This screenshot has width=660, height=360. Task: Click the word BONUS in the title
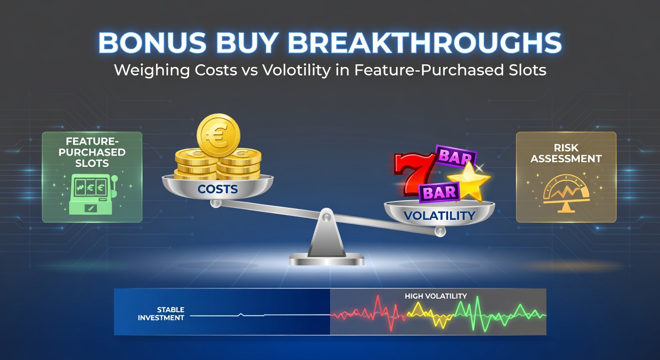click(x=152, y=43)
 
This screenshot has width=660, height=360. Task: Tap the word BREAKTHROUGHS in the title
click(x=425, y=43)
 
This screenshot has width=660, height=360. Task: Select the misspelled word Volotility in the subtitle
click(x=296, y=71)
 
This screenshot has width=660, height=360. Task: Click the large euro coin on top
click(x=218, y=135)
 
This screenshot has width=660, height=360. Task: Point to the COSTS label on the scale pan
click(x=217, y=189)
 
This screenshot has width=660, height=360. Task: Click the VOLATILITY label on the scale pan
click(x=439, y=216)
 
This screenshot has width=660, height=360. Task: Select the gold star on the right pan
click(x=469, y=181)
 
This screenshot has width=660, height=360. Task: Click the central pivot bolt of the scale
click(x=326, y=217)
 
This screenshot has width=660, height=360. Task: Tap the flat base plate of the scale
click(x=326, y=259)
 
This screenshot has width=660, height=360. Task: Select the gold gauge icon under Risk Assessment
click(x=566, y=193)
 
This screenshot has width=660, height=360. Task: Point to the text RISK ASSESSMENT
click(x=566, y=153)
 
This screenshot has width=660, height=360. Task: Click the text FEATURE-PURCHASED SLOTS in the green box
click(x=92, y=152)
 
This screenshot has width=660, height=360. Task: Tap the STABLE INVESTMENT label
click(x=161, y=314)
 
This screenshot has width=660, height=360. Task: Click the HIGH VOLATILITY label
click(x=436, y=296)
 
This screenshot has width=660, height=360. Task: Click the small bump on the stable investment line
click(x=241, y=315)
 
